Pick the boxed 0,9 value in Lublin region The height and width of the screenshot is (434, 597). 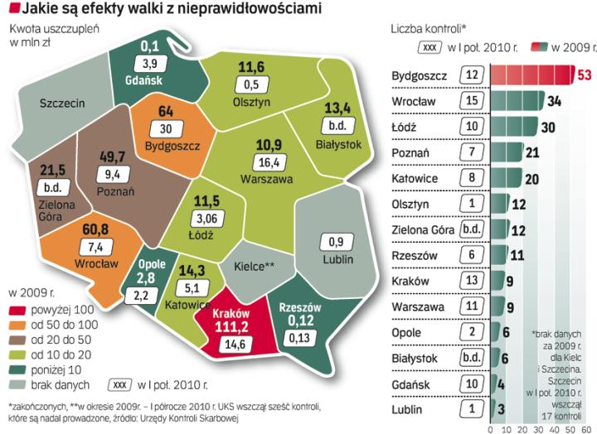(x=337, y=243)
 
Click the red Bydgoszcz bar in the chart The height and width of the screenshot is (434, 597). (x=531, y=75)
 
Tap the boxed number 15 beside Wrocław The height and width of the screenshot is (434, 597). (x=472, y=101)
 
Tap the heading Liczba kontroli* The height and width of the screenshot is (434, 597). (x=426, y=27)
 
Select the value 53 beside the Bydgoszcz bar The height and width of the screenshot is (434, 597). (x=584, y=75)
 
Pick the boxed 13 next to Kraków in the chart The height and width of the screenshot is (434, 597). (x=472, y=281)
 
